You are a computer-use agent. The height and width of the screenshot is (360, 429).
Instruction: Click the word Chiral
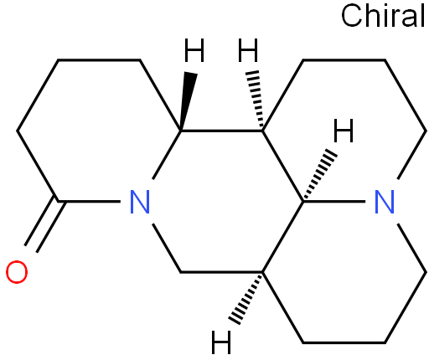pyautogui.click(x=383, y=15)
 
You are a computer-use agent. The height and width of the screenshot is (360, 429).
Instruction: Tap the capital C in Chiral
pyautogui.click(x=351, y=16)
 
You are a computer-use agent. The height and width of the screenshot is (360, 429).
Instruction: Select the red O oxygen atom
pyautogui.click(x=17, y=272)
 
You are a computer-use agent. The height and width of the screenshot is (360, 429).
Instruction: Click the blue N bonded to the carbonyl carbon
pyautogui.click(x=140, y=202)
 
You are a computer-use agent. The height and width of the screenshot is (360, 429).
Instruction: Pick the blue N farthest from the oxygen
pyautogui.click(x=385, y=202)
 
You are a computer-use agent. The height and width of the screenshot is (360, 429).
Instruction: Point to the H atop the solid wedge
pyautogui.click(x=194, y=50)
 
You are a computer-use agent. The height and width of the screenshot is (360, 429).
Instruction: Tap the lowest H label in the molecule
pyautogui.click(x=221, y=342)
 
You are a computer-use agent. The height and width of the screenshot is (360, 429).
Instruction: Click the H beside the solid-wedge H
pyautogui.click(x=248, y=50)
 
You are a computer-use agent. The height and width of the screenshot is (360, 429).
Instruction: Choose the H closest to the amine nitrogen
pyautogui.click(x=344, y=131)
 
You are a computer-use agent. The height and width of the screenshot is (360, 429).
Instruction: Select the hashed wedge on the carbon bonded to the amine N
pyautogui.click(x=319, y=175)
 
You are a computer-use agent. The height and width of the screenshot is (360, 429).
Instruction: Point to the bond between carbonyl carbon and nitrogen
pyautogui.click(x=89, y=201)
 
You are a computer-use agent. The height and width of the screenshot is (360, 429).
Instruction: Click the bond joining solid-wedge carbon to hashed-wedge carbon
pyautogui.click(x=221, y=131)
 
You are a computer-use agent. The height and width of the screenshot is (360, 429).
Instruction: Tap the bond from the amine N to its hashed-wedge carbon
pyautogui.click(x=334, y=201)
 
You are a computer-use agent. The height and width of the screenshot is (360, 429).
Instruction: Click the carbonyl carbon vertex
pyautogui.click(x=58, y=201)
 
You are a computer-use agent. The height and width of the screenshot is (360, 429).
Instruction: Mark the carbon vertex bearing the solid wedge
pyautogui.click(x=181, y=131)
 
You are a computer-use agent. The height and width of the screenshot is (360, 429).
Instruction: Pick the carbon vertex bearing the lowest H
pyautogui.click(x=262, y=271)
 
